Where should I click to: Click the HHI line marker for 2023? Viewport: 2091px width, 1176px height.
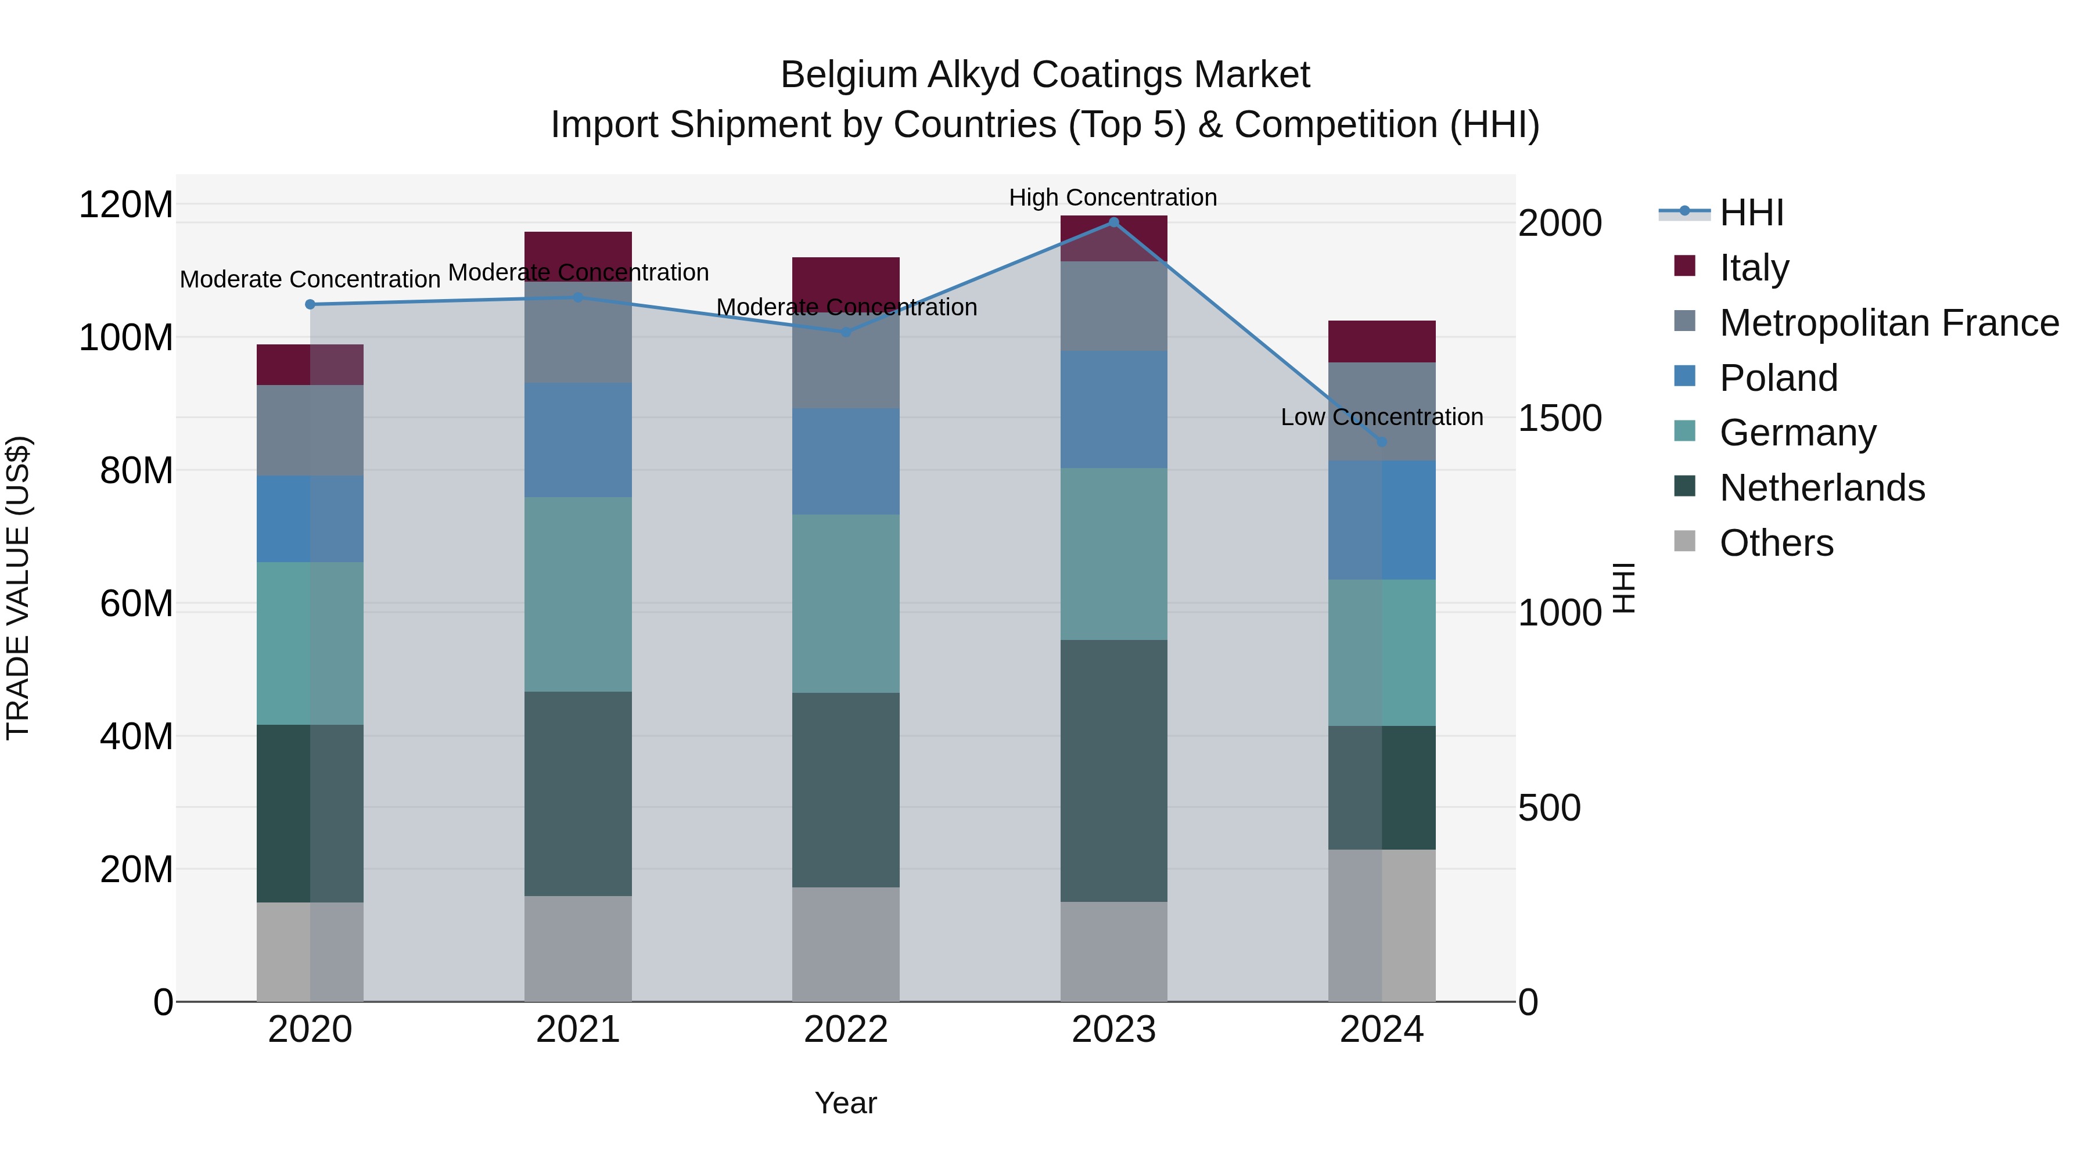[x=1113, y=222]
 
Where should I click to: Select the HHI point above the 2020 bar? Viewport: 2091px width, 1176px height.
[x=310, y=304]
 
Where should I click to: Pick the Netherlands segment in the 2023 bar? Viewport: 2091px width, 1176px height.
[x=1113, y=771]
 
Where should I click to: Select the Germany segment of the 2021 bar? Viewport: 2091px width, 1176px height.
[x=578, y=594]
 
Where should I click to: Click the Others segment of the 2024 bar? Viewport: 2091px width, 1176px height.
[x=1382, y=925]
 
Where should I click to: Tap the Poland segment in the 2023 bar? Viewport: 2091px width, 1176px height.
[x=1113, y=409]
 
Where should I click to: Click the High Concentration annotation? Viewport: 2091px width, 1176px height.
[x=1113, y=198]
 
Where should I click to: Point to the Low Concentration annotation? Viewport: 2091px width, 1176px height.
[x=1382, y=417]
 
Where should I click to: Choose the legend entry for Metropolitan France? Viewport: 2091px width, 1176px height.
[x=1889, y=323]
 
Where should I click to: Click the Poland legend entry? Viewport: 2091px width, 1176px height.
[x=1779, y=378]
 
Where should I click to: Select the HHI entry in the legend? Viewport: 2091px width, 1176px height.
[x=1751, y=213]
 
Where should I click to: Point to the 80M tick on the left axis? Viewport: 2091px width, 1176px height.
[x=136, y=471]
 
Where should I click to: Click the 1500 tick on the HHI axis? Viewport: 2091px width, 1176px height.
[x=1560, y=419]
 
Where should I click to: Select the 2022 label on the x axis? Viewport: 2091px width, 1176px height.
[x=846, y=1030]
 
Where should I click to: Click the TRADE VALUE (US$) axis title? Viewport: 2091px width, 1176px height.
[x=19, y=588]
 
